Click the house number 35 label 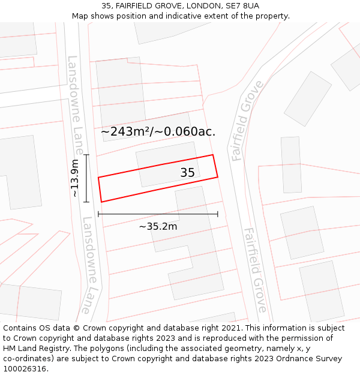[x=187, y=173]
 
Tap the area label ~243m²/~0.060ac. [x=158, y=131]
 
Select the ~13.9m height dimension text [x=74, y=178]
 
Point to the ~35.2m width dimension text [x=158, y=226]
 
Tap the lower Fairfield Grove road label [x=255, y=270]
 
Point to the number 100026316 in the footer [x=25, y=368]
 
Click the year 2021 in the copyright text [x=230, y=328]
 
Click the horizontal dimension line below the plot [x=158, y=214]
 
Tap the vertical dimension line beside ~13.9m [x=86, y=178]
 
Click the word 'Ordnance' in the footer [x=290, y=359]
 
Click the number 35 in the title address [x=106, y=5]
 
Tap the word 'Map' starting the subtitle [x=80, y=16]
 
